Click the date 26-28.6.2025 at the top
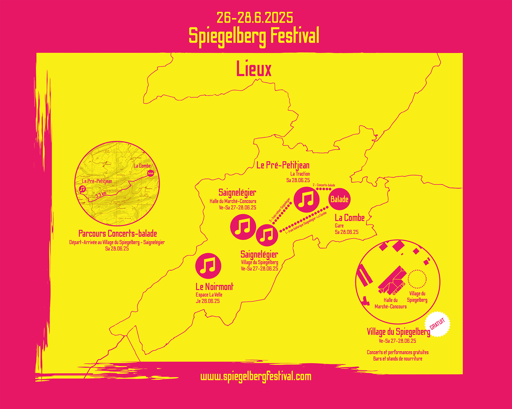255,18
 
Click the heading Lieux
254,69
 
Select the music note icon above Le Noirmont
208,266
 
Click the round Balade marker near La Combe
339,199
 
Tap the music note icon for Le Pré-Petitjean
306,200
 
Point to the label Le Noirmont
214,287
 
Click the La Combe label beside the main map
350,218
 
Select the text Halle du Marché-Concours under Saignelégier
233,201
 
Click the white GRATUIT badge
437,324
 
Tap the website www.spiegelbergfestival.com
256,377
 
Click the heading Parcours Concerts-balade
118,234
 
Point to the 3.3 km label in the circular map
101,194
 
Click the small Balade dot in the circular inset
151,173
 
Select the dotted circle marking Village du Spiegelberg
417,279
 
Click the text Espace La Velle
209,295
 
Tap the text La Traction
300,174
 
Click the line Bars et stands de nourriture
398,359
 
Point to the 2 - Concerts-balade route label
324,185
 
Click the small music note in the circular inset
83,189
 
